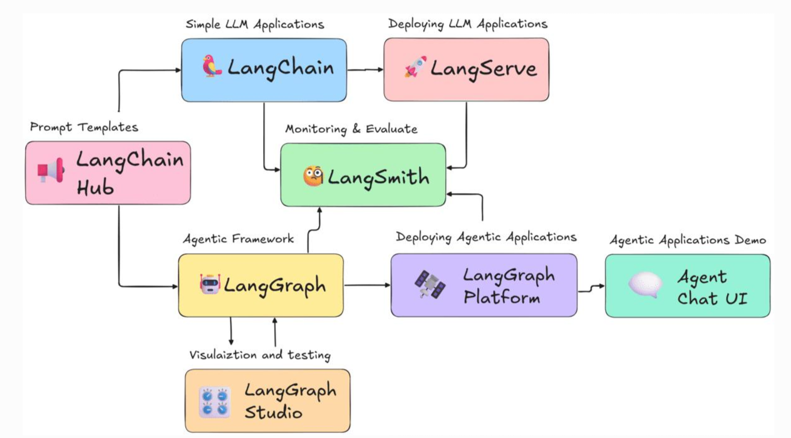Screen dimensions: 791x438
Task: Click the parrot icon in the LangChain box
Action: pos(212,66)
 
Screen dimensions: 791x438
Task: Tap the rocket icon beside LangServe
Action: pos(416,66)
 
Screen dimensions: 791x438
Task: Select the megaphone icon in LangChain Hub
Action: pos(51,170)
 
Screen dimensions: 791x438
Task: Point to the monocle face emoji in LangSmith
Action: pos(313,176)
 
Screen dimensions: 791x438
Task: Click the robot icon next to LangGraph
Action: pos(210,284)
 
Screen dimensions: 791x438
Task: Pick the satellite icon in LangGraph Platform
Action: pos(430,284)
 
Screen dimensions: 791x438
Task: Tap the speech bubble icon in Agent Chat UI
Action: pos(646,284)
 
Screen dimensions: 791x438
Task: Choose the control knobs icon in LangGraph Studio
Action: pos(215,403)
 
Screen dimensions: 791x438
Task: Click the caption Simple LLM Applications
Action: pos(255,24)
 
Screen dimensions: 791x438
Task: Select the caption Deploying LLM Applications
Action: pos(468,24)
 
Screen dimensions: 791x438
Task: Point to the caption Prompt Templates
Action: pos(84,127)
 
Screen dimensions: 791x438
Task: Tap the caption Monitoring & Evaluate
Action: pos(351,129)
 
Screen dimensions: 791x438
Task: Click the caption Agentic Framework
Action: pos(239,239)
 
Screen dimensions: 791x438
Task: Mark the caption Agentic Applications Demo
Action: pos(688,240)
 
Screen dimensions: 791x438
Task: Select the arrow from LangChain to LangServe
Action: pos(366,70)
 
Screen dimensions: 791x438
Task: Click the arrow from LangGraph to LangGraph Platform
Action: pos(367,285)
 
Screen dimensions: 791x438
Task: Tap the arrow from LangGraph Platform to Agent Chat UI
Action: pos(591,289)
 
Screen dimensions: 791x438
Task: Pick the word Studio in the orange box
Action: pos(273,412)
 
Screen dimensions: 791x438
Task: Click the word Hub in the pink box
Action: pos(95,187)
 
